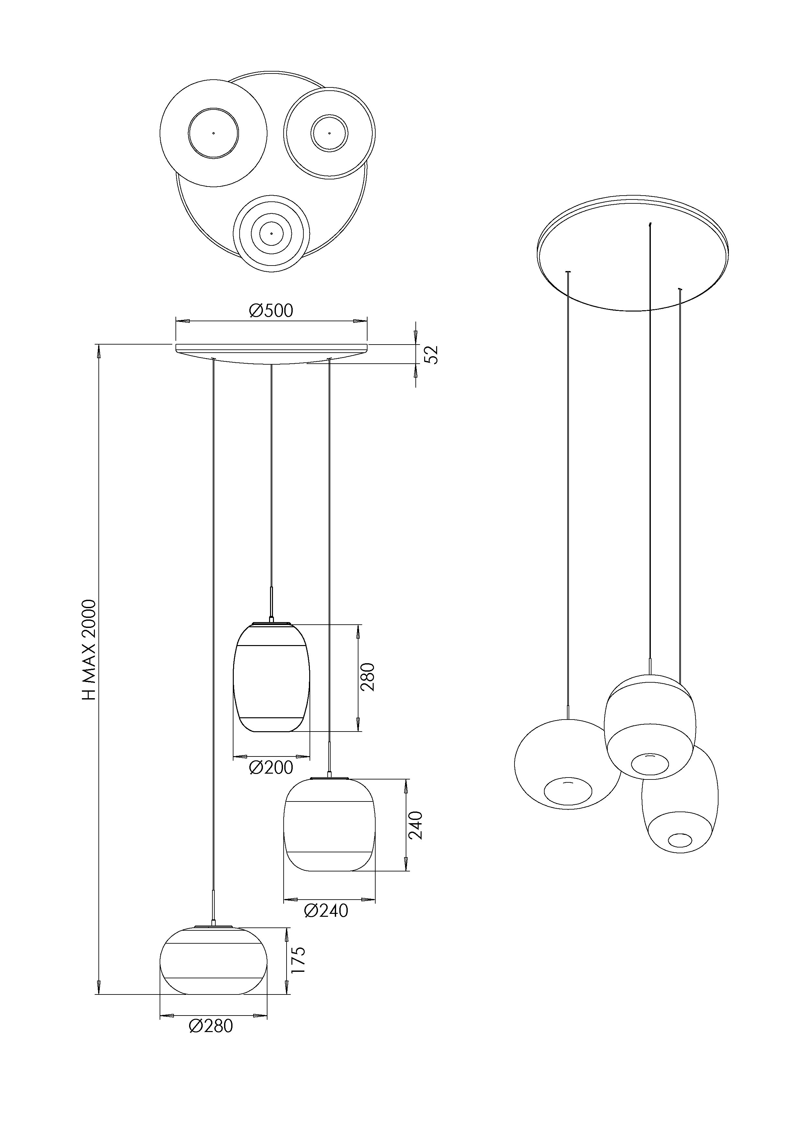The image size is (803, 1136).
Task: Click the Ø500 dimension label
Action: click(271, 311)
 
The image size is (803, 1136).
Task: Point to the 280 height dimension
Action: click(368, 677)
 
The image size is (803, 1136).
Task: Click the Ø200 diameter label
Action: click(271, 767)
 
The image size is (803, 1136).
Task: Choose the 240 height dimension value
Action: click(416, 825)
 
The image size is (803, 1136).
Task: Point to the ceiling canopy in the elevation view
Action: click(271, 353)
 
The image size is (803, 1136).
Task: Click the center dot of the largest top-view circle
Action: click(214, 133)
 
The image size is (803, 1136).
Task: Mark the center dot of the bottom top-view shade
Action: click(271, 233)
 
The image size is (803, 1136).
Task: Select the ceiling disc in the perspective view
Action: click(632, 255)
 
